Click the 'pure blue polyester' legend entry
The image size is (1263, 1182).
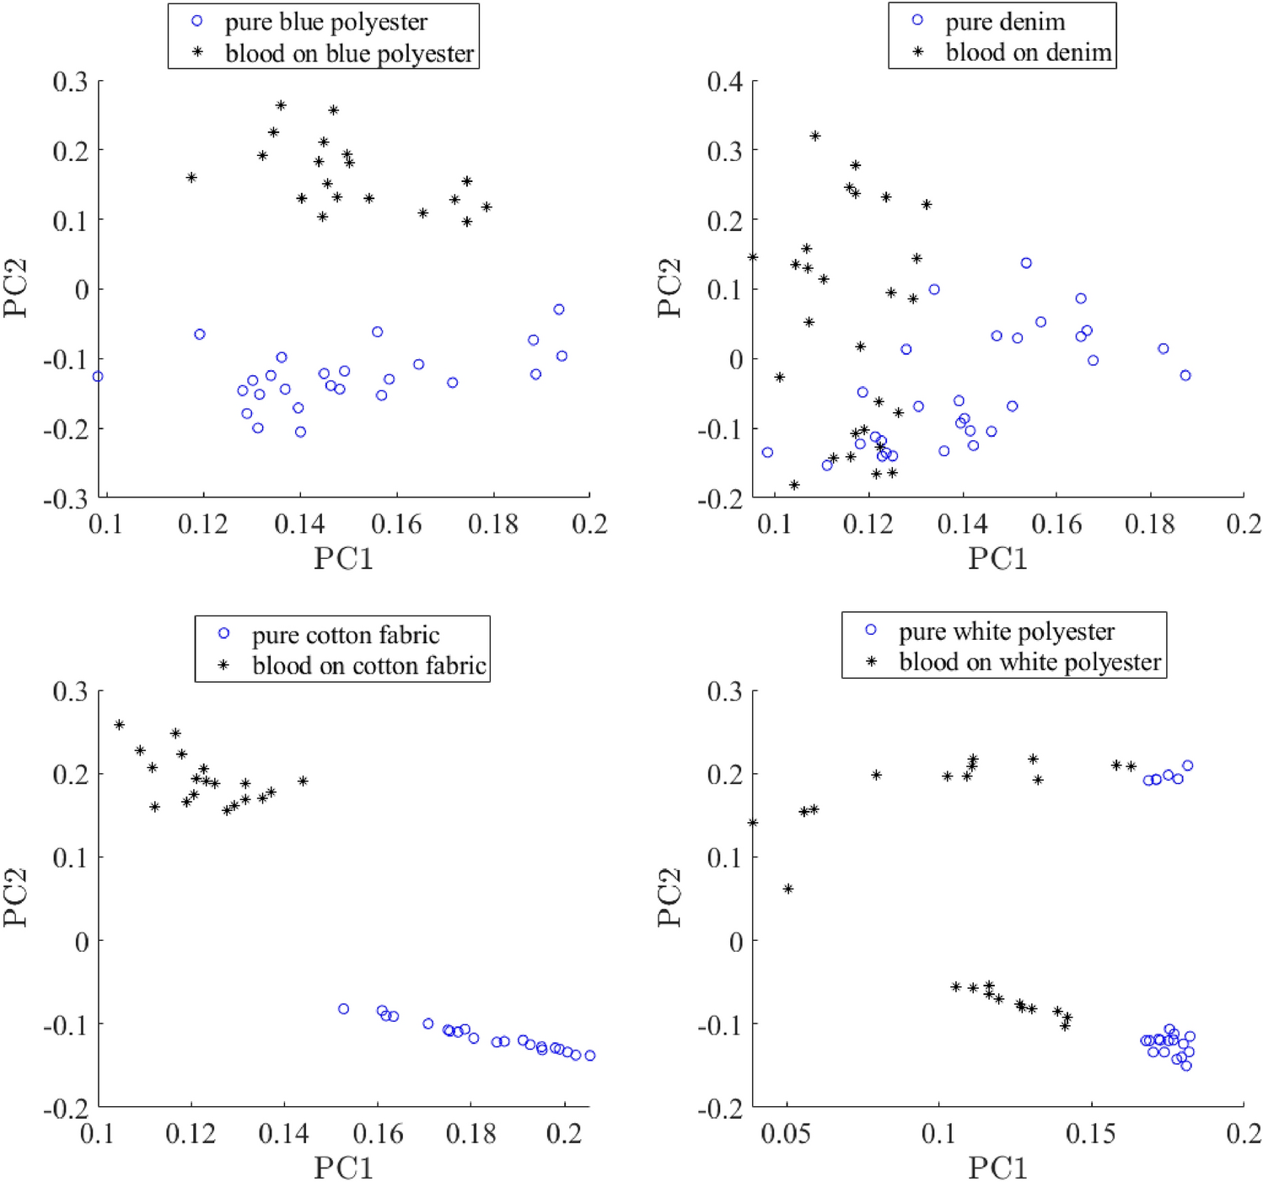click(325, 22)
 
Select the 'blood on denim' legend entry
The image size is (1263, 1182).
click(1028, 52)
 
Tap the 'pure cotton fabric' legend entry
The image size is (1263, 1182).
click(345, 635)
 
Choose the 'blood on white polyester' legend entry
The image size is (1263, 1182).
click(1029, 662)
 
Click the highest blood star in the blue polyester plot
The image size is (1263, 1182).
click(281, 105)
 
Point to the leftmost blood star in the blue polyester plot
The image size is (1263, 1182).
click(191, 177)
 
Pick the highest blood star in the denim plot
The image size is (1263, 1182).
click(815, 136)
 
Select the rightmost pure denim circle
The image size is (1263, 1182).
click(1185, 375)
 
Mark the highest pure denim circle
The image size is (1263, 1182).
click(1026, 263)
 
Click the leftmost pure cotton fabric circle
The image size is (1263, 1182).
click(343, 1008)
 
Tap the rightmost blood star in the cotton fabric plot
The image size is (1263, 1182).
click(303, 781)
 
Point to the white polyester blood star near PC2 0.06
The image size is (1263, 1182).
click(788, 889)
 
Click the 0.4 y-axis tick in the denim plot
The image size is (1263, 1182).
click(725, 82)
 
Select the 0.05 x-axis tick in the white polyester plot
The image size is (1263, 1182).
click(786, 1133)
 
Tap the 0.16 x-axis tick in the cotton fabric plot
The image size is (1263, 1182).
click(378, 1133)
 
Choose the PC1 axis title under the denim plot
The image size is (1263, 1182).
click(997, 558)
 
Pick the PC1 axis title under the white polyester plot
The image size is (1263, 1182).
click(997, 1168)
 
